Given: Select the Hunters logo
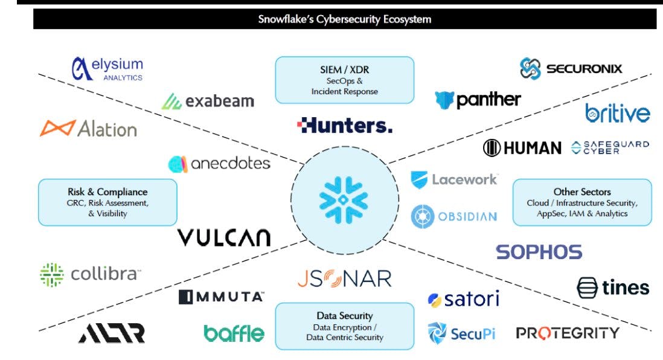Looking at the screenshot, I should tap(345, 126).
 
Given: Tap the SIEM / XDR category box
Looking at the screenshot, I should tap(344, 80).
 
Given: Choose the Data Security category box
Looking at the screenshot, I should tap(344, 326).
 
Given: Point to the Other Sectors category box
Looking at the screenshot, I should tap(581, 202).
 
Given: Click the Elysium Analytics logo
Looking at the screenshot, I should tap(107, 69).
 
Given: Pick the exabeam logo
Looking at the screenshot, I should tap(207, 100).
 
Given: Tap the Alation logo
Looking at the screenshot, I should tap(88, 128).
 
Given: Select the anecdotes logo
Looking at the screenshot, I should tap(219, 163).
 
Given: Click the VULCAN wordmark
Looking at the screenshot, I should tap(223, 237).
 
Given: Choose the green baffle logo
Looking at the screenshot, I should tap(234, 333).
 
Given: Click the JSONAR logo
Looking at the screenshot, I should tap(344, 278).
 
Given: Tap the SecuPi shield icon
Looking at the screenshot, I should tap(437, 332).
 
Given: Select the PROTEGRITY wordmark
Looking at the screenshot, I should tap(567, 333).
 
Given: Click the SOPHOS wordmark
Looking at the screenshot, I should tap(539, 252).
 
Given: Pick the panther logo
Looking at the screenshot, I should tap(477, 100).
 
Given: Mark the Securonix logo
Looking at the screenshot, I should tap(571, 68).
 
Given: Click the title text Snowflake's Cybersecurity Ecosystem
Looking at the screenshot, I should tap(345, 19).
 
